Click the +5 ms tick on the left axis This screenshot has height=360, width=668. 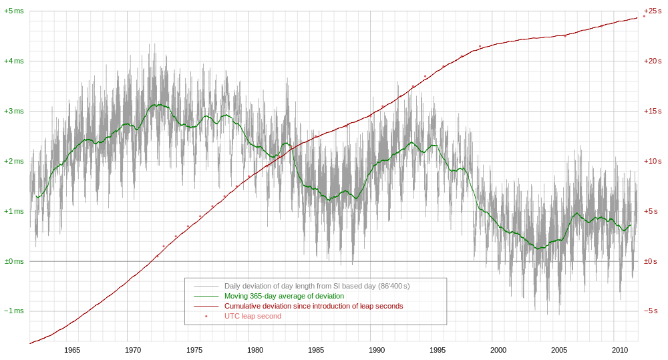[x=13, y=11]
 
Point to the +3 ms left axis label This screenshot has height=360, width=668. [x=13, y=111]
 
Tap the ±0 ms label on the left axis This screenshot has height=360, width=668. [x=13, y=261]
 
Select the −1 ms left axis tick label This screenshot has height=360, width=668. [x=13, y=311]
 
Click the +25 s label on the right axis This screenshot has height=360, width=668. [x=652, y=11]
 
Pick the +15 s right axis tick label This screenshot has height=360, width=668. [x=652, y=111]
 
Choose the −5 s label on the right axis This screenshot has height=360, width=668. [x=652, y=311]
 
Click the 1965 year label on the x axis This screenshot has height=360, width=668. [x=72, y=350]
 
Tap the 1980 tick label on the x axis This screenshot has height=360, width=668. [x=255, y=350]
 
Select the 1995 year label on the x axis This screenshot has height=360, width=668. [x=438, y=350]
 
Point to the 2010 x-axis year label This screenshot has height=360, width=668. [x=620, y=350]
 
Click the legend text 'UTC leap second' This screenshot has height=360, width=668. [x=253, y=316]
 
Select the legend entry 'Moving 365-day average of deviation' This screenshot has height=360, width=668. [x=284, y=296]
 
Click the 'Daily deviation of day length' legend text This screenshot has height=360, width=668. [x=317, y=286]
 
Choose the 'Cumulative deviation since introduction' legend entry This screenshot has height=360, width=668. [x=313, y=306]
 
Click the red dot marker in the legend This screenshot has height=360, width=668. [x=206, y=316]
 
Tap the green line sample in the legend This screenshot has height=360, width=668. [x=206, y=296]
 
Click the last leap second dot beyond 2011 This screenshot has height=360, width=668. [x=644, y=16]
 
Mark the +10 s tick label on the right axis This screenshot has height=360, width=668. [x=652, y=161]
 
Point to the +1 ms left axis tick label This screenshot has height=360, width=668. [x=13, y=211]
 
